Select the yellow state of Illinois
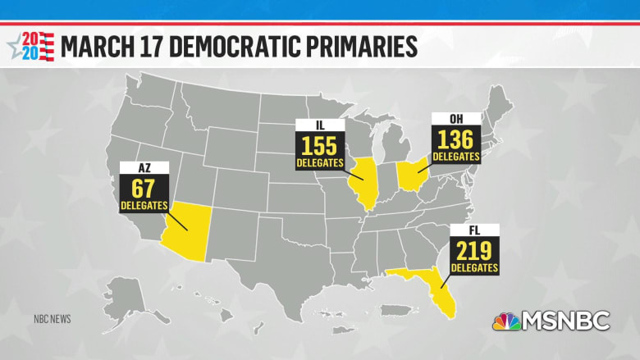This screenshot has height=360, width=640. pyautogui.click(x=359, y=181)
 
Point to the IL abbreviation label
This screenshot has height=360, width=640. pyautogui.click(x=320, y=125)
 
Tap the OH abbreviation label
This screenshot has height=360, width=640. pyautogui.click(x=454, y=120)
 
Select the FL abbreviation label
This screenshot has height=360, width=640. pyautogui.click(x=475, y=230)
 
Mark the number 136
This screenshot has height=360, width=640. pyautogui.click(x=455, y=139)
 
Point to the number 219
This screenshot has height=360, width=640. pyautogui.click(x=475, y=249)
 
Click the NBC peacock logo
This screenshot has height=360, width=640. pyautogui.click(x=506, y=321)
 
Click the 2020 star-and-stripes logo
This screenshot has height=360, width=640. pyautogui.click(x=31, y=46)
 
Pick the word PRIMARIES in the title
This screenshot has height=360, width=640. pyautogui.click(x=358, y=46)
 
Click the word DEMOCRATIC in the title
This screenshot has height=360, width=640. pyautogui.click(x=225, y=46)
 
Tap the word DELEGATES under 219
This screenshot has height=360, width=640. pyautogui.click(x=475, y=267)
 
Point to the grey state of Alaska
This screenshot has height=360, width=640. pyautogui.click(x=125, y=294)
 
